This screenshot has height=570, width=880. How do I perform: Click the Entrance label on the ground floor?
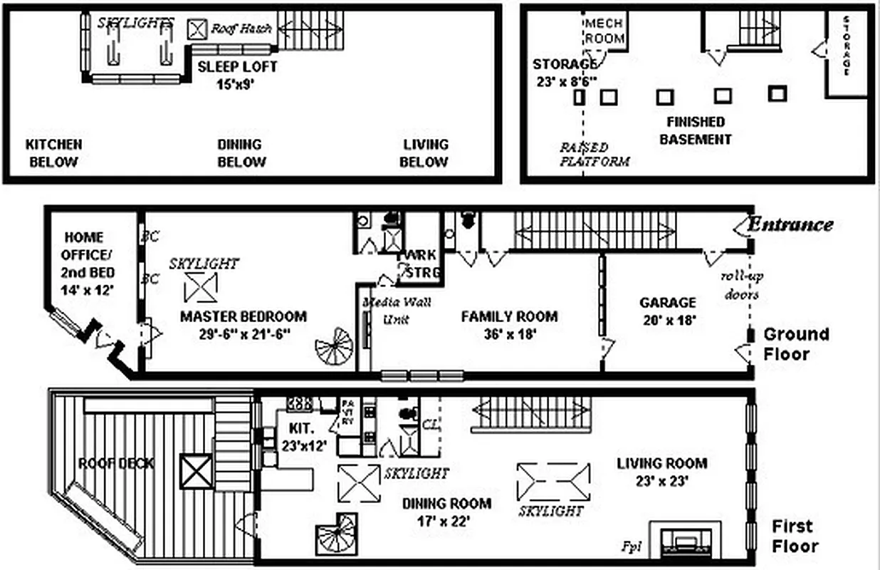[789, 224]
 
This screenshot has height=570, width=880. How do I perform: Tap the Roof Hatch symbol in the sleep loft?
[197, 28]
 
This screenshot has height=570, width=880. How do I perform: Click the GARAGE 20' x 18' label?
[667, 311]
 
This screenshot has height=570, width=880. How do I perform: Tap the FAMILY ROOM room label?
[509, 323]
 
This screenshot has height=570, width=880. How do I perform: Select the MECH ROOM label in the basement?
[604, 31]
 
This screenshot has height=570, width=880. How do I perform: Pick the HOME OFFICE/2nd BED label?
[84, 264]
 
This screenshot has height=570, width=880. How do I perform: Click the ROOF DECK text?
[116, 464]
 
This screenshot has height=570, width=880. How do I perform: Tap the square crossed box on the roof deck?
[197, 472]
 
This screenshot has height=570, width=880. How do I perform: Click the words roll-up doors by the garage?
[739, 285]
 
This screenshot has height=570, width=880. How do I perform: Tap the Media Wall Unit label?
[397, 310]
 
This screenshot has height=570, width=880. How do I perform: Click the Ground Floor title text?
[795, 343]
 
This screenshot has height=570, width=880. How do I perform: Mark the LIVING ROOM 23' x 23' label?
[661, 472]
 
